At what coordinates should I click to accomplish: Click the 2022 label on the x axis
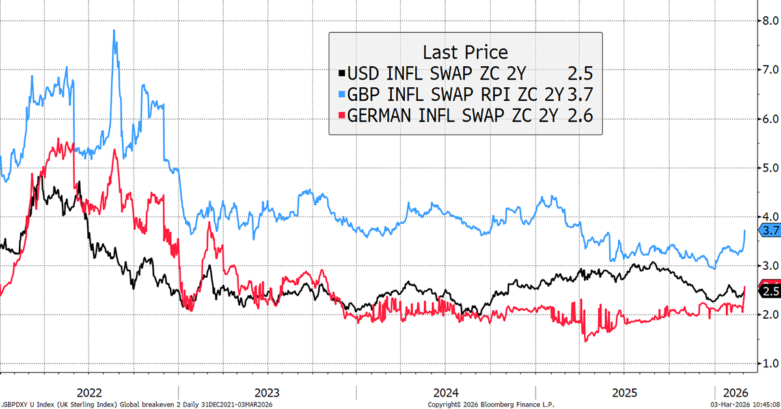tap(89, 393)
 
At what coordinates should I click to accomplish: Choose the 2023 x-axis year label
tap(267, 393)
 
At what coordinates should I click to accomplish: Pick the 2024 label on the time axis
tap(445, 393)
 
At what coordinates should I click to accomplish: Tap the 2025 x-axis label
tap(623, 393)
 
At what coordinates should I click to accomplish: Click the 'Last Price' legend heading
tap(465, 52)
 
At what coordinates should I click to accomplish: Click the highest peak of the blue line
tap(115, 30)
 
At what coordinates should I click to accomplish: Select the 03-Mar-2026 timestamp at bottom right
tap(742, 404)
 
